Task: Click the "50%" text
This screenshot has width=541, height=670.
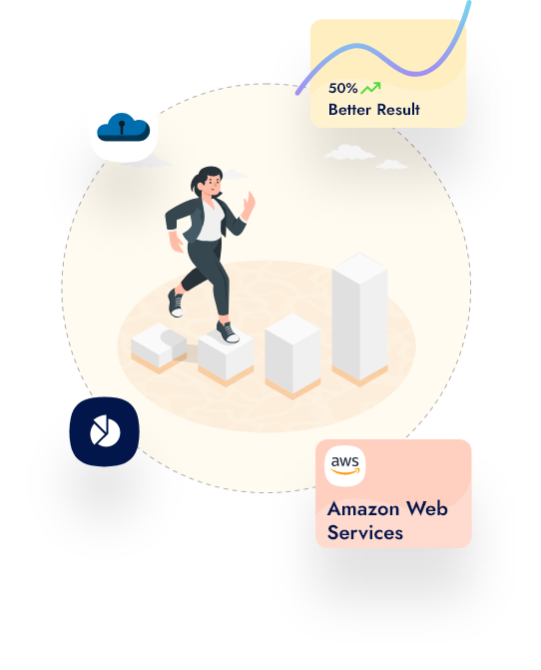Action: coord(343,88)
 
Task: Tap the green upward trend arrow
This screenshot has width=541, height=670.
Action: coord(370,88)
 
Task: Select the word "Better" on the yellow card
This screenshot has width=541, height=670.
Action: coord(349,110)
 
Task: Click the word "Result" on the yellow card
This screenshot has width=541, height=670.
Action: coord(398,110)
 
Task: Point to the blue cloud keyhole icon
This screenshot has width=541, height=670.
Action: coord(124,127)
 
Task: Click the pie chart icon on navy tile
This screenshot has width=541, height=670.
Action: coord(105,430)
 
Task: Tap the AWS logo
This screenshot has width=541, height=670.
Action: coord(345,465)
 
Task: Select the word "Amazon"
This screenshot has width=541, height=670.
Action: coord(363,509)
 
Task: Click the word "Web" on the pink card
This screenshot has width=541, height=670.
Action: coord(426,508)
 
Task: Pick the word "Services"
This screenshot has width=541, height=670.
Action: coord(365,533)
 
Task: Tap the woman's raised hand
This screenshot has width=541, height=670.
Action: coord(249,205)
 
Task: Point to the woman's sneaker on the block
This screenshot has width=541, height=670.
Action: coord(228,333)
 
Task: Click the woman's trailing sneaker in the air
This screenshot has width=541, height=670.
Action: coord(176,303)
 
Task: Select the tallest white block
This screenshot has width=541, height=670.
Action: coord(360,320)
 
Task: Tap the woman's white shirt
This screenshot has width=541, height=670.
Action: coord(211,221)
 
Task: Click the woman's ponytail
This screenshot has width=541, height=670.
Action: coord(196,182)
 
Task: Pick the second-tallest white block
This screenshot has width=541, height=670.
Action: coord(292,355)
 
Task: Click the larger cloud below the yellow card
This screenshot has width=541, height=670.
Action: coord(349,152)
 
